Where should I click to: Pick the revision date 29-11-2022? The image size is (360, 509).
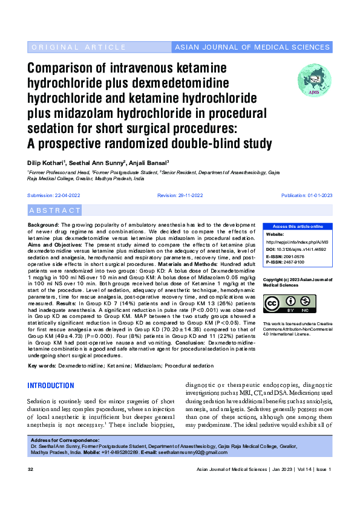(x=189, y=195)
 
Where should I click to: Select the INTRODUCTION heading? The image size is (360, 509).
(x=51, y=386)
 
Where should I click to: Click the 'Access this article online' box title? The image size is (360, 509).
(x=296, y=226)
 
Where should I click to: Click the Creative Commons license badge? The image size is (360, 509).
(x=289, y=304)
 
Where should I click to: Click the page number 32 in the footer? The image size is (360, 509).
(x=30, y=470)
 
